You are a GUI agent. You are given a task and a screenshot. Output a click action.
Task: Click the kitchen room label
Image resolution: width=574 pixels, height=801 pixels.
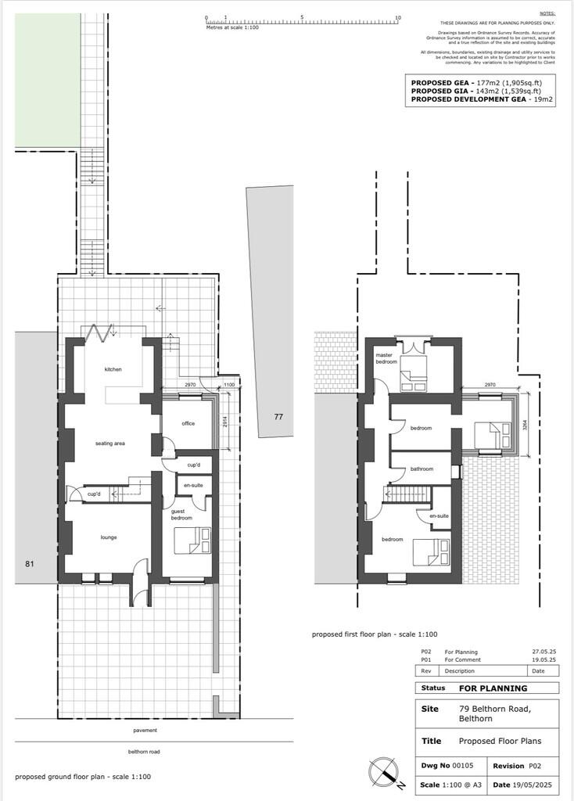click(114, 370)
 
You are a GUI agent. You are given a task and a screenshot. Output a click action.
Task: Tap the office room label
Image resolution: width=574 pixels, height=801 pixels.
click(188, 423)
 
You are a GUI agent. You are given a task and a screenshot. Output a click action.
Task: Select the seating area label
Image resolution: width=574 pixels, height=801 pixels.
click(110, 444)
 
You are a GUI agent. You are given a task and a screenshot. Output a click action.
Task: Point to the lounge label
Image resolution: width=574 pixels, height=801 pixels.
click(108, 538)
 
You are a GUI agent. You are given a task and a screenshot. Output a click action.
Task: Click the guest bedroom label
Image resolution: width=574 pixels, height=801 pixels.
click(182, 515)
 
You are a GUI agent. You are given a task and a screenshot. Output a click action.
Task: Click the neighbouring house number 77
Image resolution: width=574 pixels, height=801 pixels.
click(278, 417)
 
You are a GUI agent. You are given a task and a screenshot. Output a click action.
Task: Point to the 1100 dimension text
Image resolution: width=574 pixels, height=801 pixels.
click(228, 386)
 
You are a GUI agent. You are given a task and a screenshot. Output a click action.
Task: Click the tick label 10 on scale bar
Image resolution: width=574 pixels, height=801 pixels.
click(398, 17)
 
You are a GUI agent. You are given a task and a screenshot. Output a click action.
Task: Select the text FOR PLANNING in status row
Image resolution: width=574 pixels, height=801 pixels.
click(493, 688)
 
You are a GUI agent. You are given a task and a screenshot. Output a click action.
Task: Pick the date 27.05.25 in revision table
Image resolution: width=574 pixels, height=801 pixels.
click(544, 652)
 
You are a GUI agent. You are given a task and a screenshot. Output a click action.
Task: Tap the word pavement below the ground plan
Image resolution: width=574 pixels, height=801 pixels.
click(145, 730)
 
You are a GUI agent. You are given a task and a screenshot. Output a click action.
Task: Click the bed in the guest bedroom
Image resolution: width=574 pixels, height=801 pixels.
click(192, 540)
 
